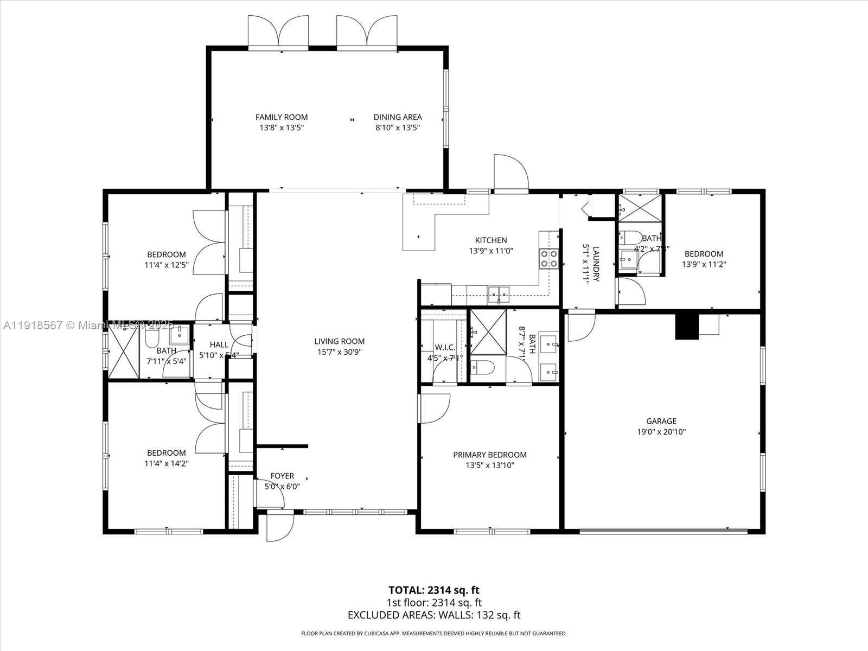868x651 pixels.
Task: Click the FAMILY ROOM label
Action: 282,117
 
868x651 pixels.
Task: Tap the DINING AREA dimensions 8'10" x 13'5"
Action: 397,128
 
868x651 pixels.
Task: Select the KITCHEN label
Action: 491,240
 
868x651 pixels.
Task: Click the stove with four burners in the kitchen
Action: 549,259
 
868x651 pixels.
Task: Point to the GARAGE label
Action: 661,421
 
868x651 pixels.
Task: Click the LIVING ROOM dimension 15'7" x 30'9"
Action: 339,352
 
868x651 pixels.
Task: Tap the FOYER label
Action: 282,476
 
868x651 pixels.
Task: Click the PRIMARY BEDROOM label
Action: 490,455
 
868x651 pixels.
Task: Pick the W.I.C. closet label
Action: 444,347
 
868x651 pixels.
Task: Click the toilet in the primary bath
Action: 482,369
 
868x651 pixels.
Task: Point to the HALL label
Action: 219,344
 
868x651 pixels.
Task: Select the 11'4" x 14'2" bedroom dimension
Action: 167,464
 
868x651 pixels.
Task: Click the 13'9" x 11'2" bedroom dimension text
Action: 704,265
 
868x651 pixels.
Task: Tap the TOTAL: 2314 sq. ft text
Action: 433,590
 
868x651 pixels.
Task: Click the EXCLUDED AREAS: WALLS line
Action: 433,615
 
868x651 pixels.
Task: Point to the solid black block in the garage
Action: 686,327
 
